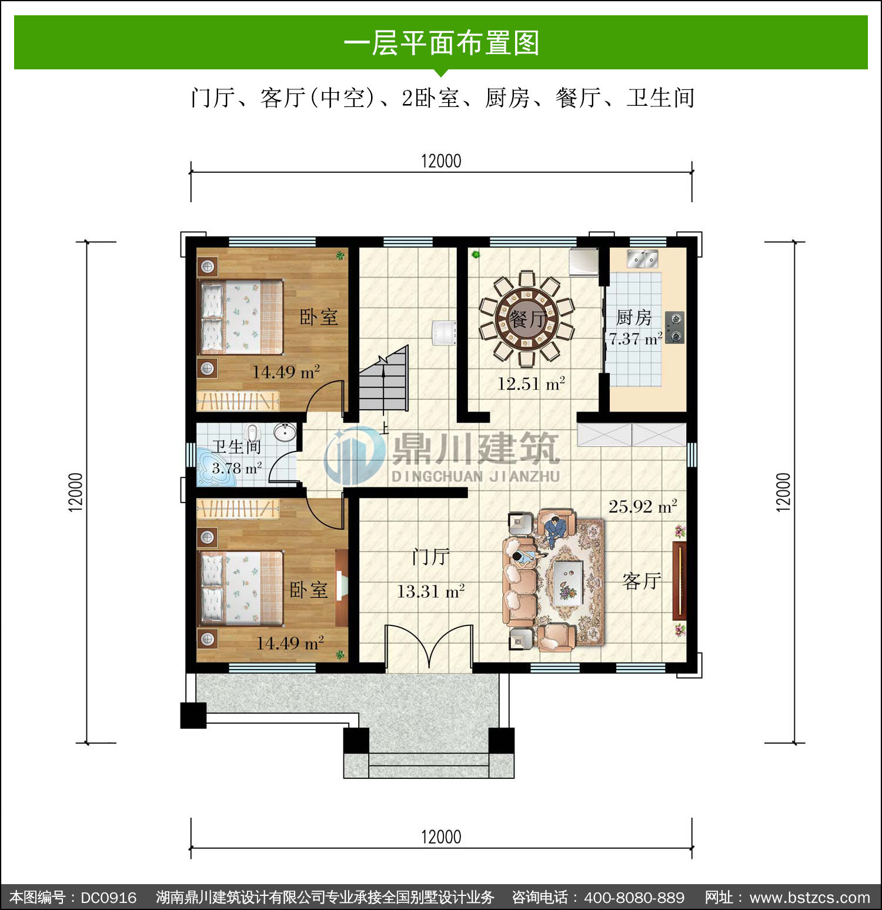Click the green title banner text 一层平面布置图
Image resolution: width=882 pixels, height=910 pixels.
(441, 43)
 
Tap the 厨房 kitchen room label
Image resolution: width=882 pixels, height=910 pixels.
(634, 317)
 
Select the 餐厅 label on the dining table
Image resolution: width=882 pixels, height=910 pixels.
(527, 319)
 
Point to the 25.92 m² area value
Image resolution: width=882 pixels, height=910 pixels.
(643, 506)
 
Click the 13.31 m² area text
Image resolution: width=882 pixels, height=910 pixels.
(431, 591)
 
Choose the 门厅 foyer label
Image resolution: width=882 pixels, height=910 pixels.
(431, 557)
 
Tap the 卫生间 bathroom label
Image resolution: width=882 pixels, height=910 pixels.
(236, 447)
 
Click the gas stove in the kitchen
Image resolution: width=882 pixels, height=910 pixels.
(675, 327)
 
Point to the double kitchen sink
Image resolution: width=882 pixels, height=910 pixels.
(642, 259)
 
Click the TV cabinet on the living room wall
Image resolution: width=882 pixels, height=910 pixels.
(679, 581)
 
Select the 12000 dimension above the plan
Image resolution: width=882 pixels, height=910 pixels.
(441, 160)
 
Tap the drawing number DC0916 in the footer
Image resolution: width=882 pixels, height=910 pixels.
(109, 898)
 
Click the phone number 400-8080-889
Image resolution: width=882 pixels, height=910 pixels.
(634, 898)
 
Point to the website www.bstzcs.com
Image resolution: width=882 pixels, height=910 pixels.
(810, 898)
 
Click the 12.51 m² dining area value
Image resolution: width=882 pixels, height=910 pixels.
(531, 384)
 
